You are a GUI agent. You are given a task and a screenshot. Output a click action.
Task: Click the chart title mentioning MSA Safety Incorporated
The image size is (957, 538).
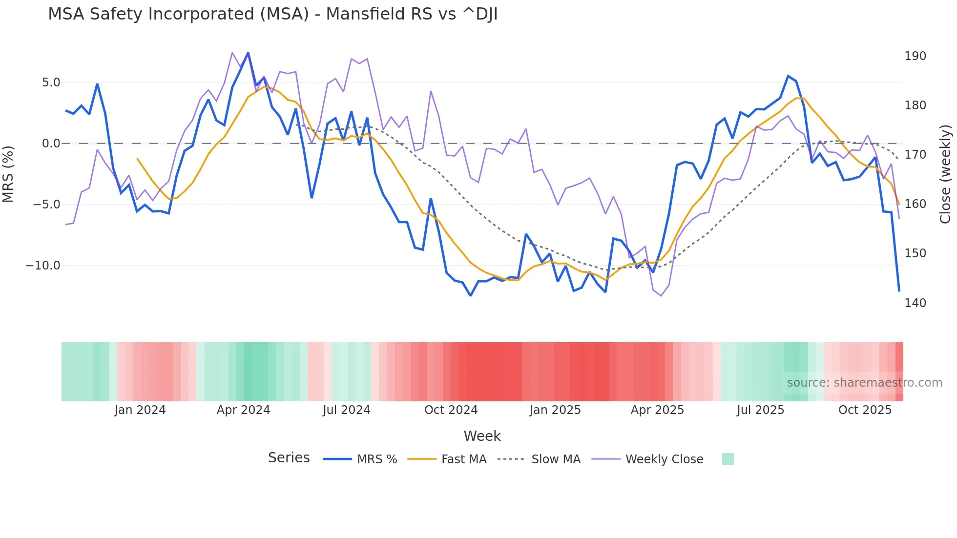tap(272, 14)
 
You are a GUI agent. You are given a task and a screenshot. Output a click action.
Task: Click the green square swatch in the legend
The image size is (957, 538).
tap(728, 459)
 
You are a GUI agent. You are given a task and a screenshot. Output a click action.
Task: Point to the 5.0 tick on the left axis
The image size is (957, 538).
tap(51, 83)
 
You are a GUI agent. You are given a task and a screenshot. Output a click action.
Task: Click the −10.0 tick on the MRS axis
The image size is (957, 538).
tap(43, 266)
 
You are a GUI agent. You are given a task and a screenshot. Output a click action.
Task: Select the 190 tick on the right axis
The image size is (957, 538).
tap(915, 56)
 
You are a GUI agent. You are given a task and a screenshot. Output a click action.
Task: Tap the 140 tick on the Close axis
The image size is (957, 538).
tap(915, 303)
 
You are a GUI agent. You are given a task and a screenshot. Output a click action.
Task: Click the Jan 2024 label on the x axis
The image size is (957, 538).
tap(140, 410)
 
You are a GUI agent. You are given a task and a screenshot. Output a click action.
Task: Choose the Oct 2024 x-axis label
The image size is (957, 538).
tap(451, 410)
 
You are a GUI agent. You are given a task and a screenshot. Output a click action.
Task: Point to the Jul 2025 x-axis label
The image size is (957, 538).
tap(760, 410)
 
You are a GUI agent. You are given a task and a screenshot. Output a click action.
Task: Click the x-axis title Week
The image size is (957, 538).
tap(482, 436)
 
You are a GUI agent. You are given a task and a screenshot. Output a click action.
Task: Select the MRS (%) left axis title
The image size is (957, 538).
tap(8, 174)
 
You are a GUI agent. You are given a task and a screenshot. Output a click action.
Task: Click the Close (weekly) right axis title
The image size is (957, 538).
tap(945, 174)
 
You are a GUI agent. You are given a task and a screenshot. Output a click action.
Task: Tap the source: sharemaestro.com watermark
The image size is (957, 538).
tap(864, 383)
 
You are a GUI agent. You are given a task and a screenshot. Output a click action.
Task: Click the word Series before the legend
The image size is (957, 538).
tap(289, 458)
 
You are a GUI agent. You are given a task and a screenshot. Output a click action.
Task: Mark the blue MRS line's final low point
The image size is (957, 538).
tap(899, 291)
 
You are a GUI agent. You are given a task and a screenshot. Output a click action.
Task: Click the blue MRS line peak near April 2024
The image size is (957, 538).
tap(248, 53)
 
